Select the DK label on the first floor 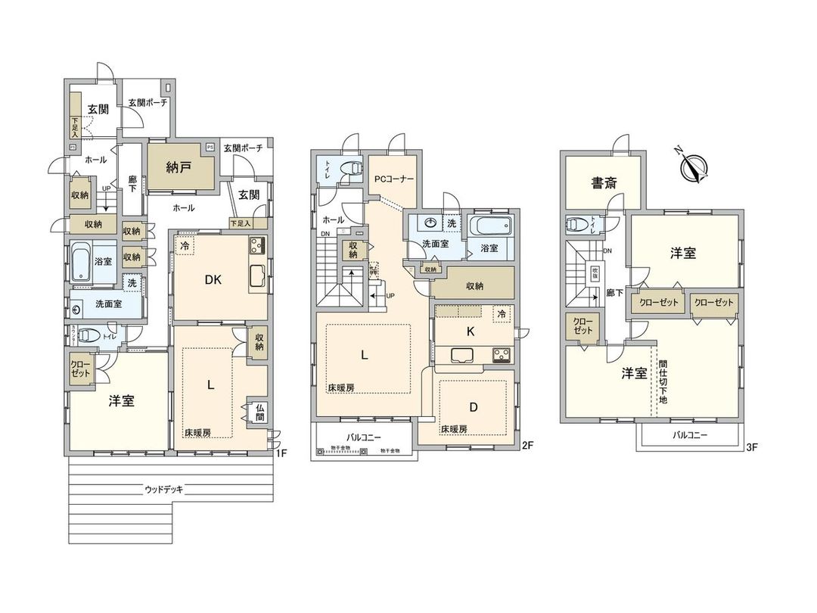(x=213, y=279)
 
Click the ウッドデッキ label (x=165, y=490)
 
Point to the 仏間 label (x=259, y=412)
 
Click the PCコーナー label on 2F (x=393, y=180)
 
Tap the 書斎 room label (x=602, y=182)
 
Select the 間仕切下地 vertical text (x=663, y=381)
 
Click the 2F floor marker (x=528, y=446)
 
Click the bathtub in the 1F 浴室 (x=84, y=262)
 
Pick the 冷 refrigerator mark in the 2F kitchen (x=501, y=313)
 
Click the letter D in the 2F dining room (x=474, y=406)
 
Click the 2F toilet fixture (x=349, y=170)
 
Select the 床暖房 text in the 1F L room (x=197, y=433)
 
